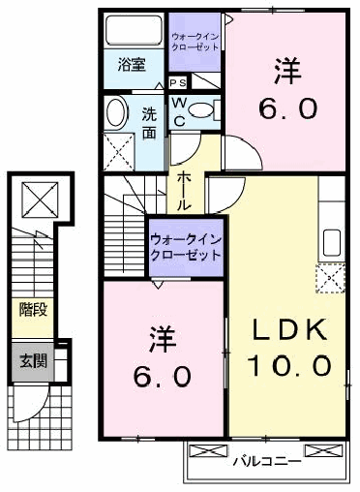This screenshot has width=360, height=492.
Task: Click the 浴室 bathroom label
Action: pyautogui.click(x=132, y=65)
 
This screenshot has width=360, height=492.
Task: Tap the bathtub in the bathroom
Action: pyautogui.click(x=134, y=30)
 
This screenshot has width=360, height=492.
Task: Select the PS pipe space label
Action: pyautogui.click(x=178, y=83)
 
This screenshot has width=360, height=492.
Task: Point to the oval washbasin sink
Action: pyautogui.click(x=116, y=112)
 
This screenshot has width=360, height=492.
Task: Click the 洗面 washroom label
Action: pyautogui.click(x=149, y=123)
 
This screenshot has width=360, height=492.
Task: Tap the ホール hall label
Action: pyautogui.click(x=183, y=191)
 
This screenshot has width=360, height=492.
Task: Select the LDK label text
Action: pyautogui.click(x=289, y=329)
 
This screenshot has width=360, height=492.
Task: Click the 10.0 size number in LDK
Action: pyautogui.click(x=289, y=365)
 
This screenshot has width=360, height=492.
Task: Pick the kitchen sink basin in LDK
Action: pyautogui.click(x=332, y=242)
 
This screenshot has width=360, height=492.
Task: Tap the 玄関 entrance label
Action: pyautogui.click(x=33, y=360)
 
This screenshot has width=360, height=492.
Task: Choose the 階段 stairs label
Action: pyautogui.click(x=33, y=310)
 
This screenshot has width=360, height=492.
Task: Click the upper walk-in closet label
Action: pyautogui.click(x=195, y=42)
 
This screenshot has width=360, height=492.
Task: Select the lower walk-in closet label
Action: pyautogui.click(x=186, y=247)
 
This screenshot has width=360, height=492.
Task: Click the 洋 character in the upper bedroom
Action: pyautogui.click(x=288, y=71)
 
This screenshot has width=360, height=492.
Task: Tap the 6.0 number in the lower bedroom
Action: pyautogui.click(x=163, y=377)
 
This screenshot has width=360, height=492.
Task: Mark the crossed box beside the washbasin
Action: pyautogui.click(x=119, y=152)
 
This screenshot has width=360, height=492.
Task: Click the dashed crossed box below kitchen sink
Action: pyautogui.click(x=330, y=278)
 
